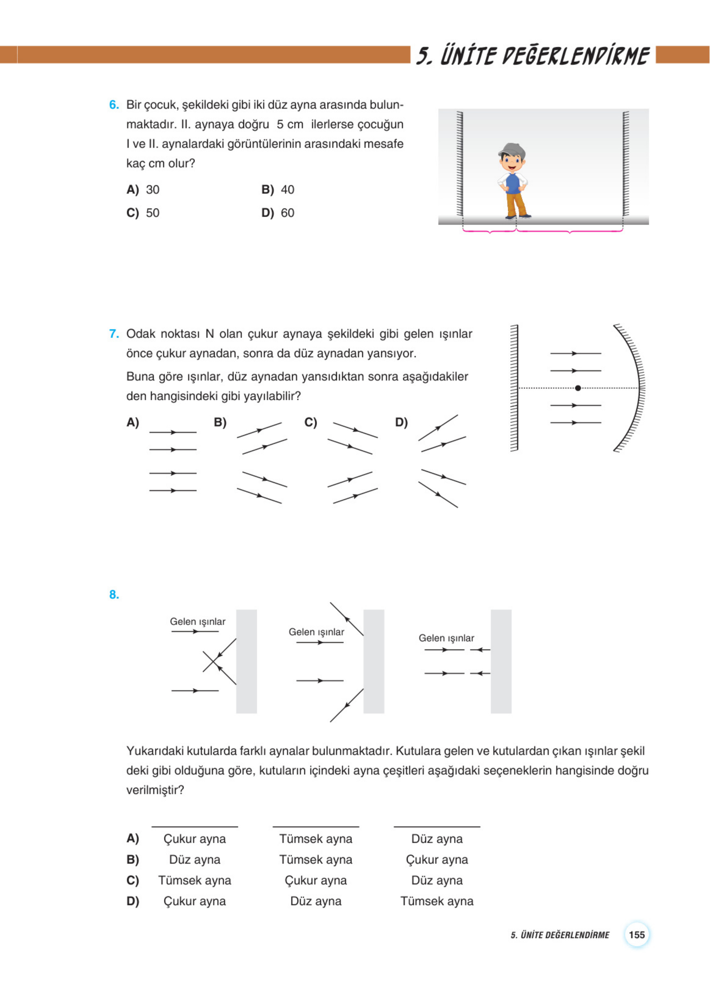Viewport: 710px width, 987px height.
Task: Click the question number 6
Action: pyautogui.click(x=114, y=105)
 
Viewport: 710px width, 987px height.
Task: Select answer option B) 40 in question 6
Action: pyautogui.click(x=277, y=190)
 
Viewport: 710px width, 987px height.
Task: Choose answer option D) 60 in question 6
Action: pyautogui.click(x=277, y=213)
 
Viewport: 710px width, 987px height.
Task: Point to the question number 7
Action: pyautogui.click(x=114, y=334)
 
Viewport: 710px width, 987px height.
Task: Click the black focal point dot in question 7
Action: pyautogui.click(x=578, y=388)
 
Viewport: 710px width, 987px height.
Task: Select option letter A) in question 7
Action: pyautogui.click(x=133, y=422)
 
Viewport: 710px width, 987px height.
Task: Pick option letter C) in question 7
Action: pyautogui.click(x=310, y=422)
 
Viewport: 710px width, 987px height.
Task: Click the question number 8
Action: pyautogui.click(x=114, y=594)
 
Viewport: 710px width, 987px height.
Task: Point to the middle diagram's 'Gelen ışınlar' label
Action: pyautogui.click(x=316, y=632)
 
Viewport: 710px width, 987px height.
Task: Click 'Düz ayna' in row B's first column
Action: pyautogui.click(x=194, y=860)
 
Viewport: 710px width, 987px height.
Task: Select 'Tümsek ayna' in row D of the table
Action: pyautogui.click(x=437, y=901)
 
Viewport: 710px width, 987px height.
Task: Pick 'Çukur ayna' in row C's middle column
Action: pyautogui.click(x=316, y=880)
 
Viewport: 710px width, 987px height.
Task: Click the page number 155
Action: pyautogui.click(x=636, y=935)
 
